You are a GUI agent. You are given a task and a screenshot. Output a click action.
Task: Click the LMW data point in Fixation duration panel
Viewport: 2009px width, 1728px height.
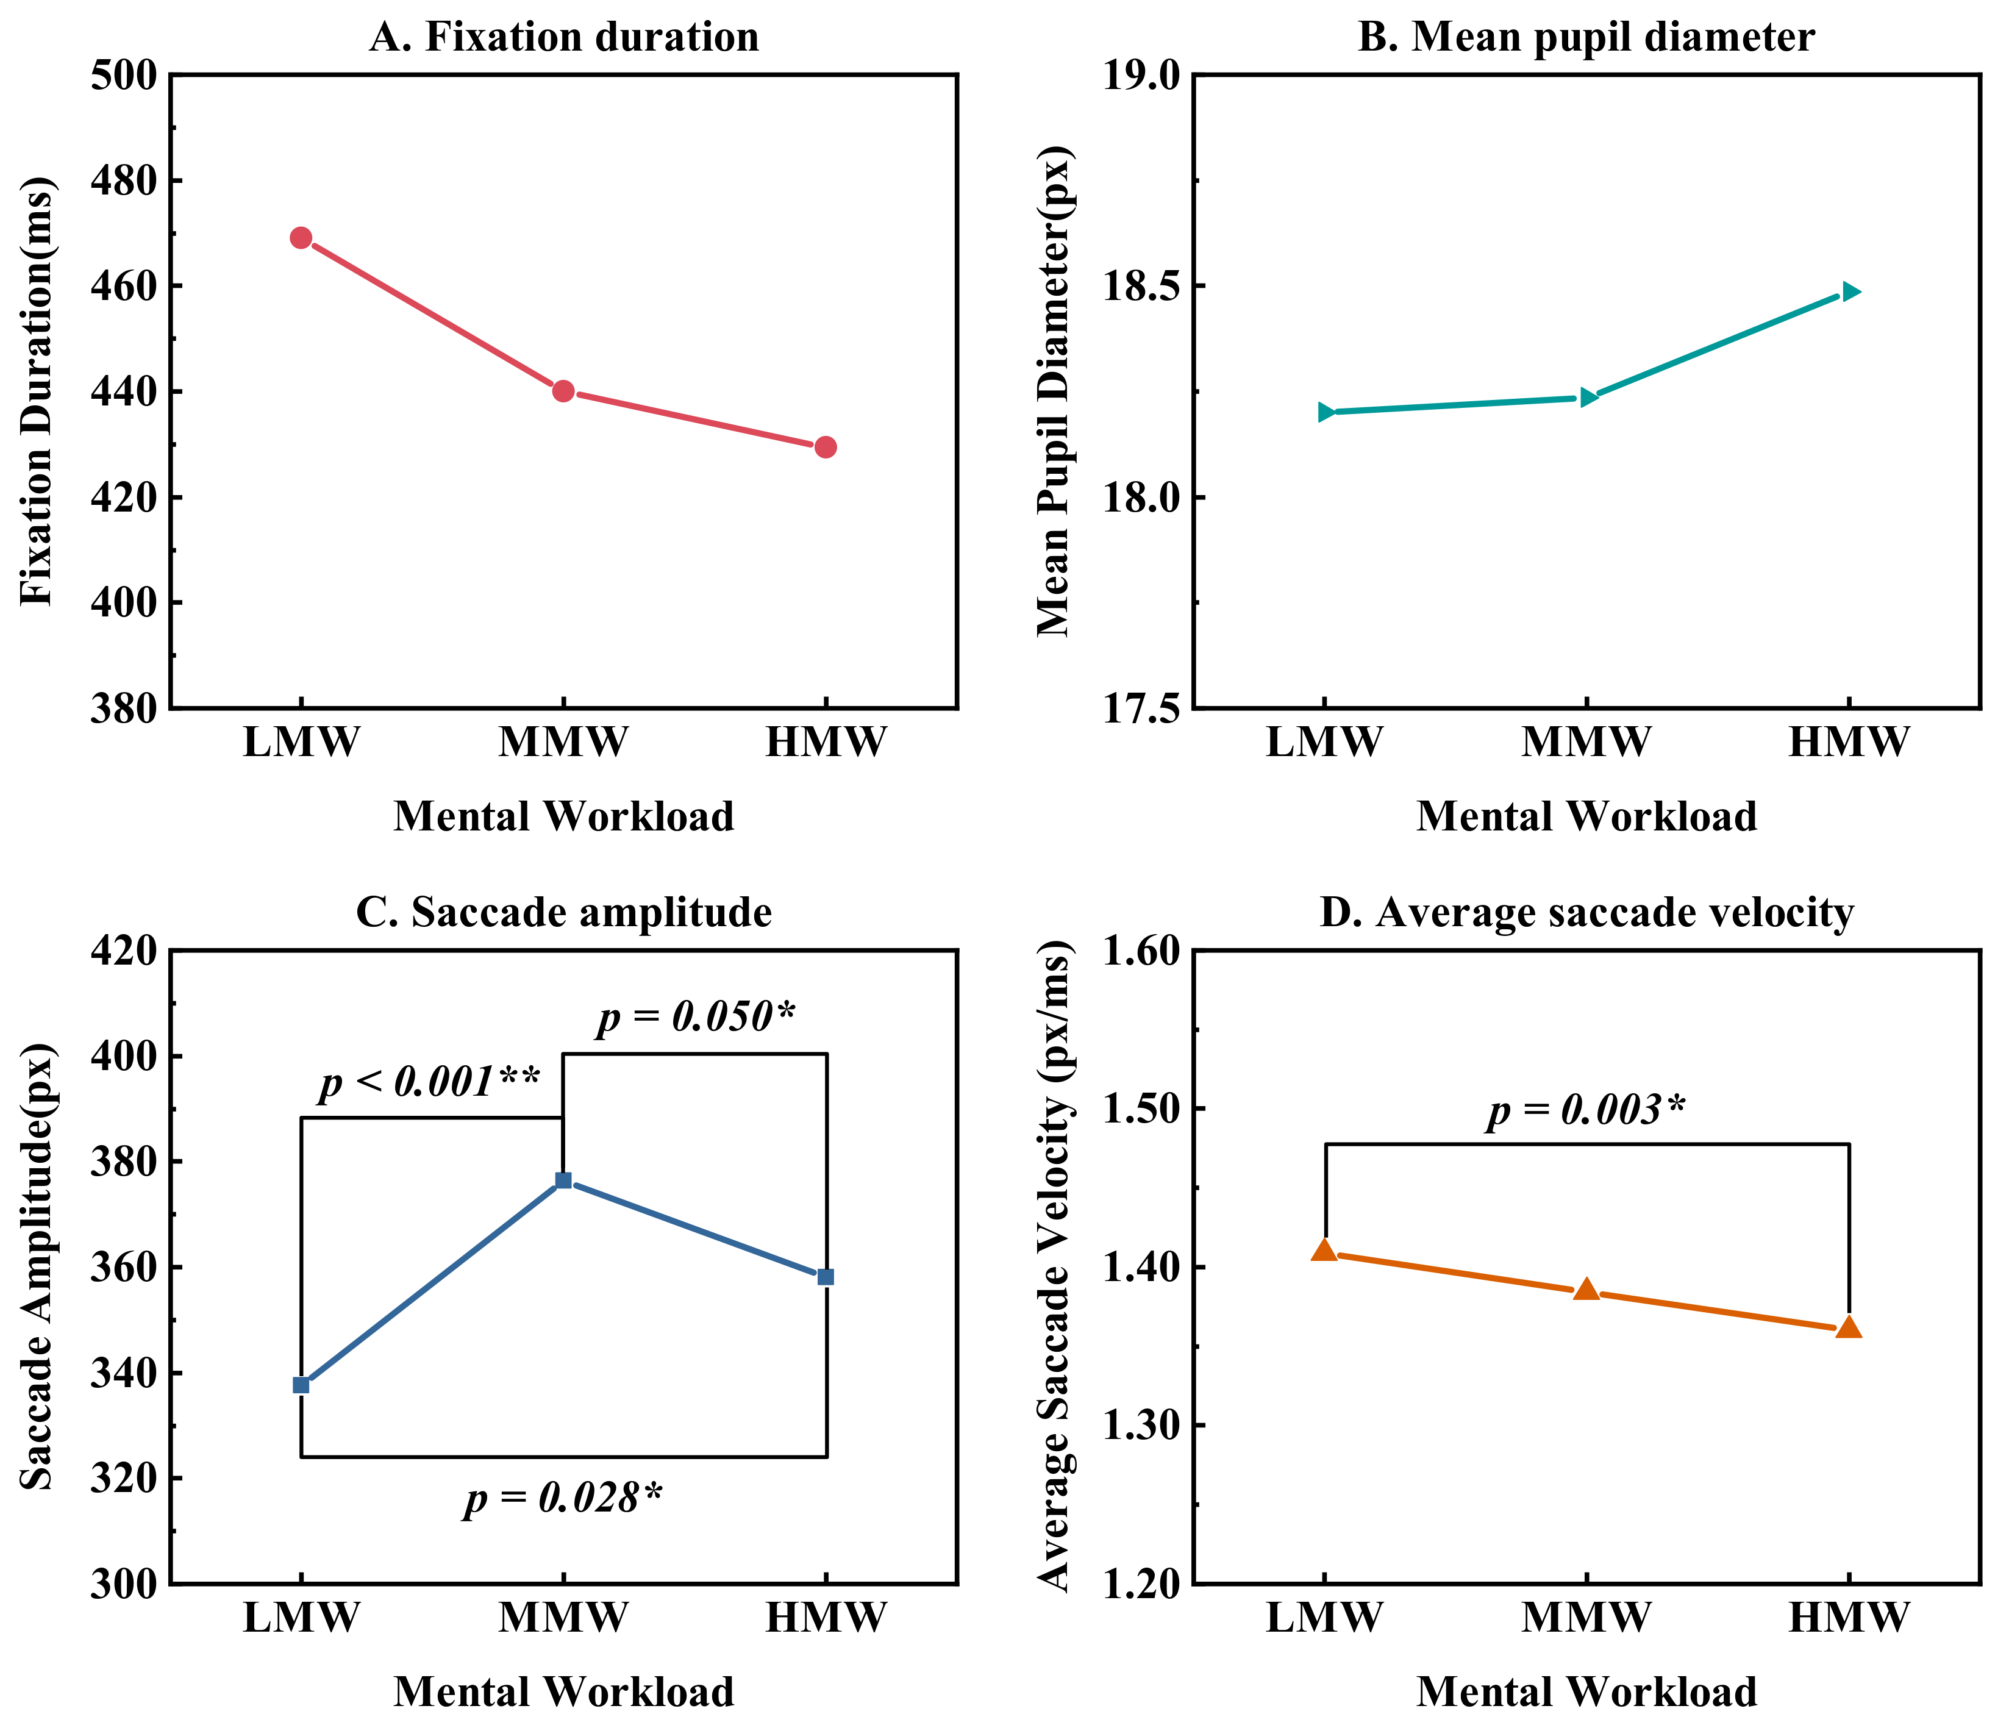coord(301,238)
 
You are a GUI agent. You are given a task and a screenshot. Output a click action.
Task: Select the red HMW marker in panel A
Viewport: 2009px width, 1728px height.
coord(825,447)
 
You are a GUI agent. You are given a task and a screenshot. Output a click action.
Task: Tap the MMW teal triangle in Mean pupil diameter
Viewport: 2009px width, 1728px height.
coord(1587,396)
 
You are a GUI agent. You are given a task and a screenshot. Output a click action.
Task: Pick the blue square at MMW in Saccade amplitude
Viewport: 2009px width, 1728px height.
coord(563,1180)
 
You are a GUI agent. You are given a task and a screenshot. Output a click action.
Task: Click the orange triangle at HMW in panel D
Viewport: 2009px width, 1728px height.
coord(1849,1327)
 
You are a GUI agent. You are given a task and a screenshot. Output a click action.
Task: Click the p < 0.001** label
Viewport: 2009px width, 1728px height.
coord(429,1080)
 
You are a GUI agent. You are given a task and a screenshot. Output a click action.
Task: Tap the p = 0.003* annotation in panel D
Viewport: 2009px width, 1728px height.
coord(1586,1109)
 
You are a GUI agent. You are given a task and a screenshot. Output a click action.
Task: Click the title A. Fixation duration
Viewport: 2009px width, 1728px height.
coord(563,37)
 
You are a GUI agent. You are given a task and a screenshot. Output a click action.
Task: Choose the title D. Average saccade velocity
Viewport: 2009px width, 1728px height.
coord(1586,913)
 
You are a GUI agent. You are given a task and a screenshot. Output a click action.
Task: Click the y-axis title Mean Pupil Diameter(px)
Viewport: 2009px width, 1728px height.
coord(1054,391)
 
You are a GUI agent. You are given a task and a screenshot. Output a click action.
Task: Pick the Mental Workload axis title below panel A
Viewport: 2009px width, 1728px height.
coord(563,816)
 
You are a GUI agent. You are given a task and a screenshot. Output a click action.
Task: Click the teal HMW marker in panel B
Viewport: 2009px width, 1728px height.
coord(1850,291)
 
